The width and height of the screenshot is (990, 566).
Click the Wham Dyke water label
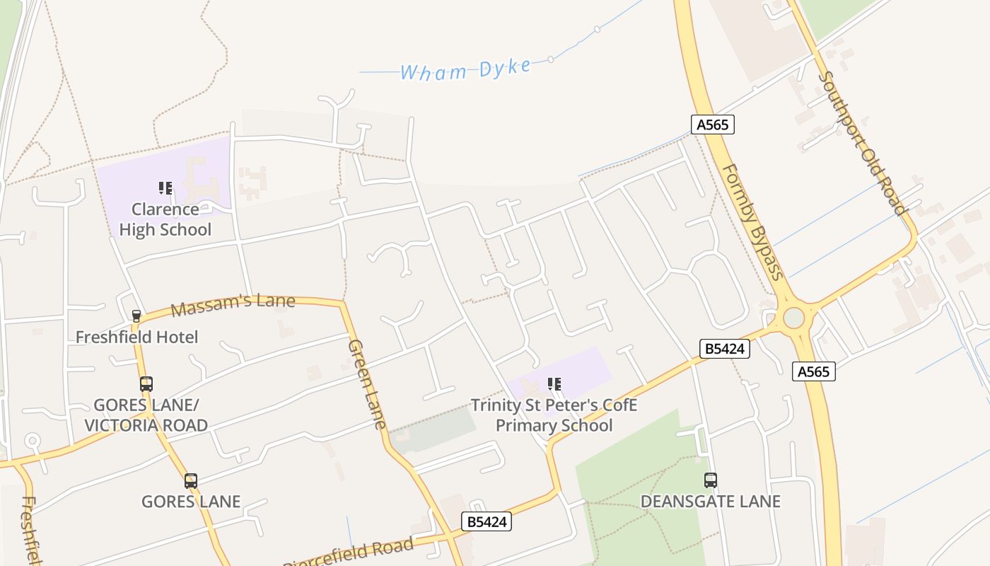(x=465, y=69)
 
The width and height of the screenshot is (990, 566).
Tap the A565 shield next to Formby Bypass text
(x=712, y=125)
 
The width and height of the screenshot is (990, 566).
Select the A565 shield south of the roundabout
(x=813, y=371)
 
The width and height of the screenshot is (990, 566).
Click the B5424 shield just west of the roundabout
(x=724, y=348)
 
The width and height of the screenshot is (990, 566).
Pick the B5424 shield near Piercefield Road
(x=487, y=521)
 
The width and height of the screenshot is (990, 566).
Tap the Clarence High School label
(x=165, y=219)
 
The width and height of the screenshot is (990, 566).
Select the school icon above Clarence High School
(x=165, y=188)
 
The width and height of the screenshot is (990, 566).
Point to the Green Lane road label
(x=367, y=384)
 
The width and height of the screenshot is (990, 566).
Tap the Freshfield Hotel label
(x=136, y=337)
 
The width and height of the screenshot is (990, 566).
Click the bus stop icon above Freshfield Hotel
(x=136, y=316)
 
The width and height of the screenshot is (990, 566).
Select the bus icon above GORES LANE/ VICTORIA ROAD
(x=146, y=384)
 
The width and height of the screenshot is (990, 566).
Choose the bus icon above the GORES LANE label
(x=191, y=481)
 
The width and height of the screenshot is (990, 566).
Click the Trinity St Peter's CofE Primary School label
(x=554, y=415)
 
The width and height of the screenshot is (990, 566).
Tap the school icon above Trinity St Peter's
(x=554, y=384)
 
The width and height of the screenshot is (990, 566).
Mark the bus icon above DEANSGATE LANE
(x=711, y=480)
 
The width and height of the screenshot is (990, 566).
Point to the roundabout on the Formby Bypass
(x=793, y=318)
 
